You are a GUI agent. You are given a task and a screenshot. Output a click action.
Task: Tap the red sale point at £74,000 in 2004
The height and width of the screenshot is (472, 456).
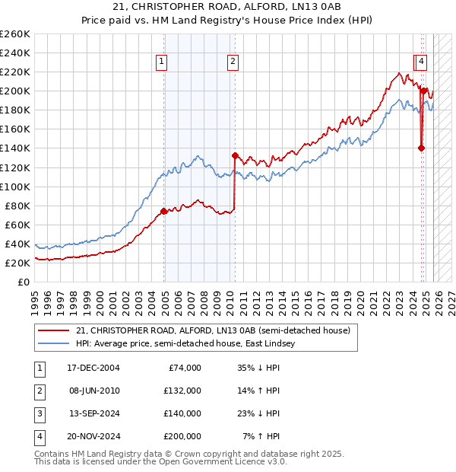point(164,211)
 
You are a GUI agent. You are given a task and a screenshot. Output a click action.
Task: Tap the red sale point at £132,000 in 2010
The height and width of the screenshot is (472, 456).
point(235,155)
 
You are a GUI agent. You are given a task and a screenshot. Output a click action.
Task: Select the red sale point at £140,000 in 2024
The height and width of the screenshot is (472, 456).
point(421,148)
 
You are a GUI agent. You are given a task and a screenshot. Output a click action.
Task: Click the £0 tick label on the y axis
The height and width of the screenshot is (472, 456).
point(23,282)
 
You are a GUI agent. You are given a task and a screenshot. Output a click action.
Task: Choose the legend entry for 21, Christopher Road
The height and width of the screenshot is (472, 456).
point(213,330)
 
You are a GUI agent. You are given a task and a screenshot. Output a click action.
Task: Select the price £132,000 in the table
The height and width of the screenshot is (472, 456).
point(183,391)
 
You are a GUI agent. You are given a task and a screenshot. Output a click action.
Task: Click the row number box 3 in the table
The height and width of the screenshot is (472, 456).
point(38,413)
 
